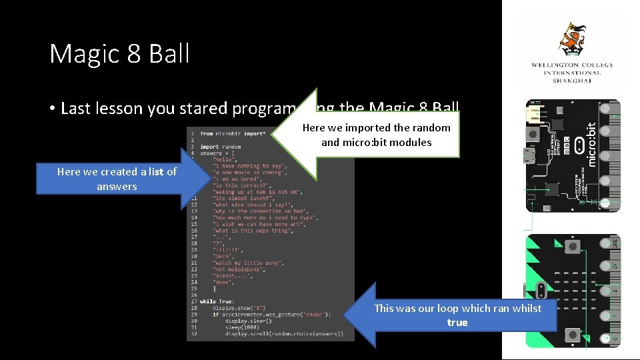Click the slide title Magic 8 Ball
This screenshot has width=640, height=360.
(x=119, y=53)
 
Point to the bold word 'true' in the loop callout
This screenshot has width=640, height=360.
(x=457, y=323)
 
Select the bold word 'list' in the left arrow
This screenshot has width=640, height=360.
(x=156, y=172)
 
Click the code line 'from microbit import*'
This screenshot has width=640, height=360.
(x=232, y=134)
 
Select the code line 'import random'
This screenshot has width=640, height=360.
(x=220, y=147)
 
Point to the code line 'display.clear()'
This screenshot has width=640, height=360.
(x=247, y=321)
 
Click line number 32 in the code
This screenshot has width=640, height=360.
(x=193, y=334)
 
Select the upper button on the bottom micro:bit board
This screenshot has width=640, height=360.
(x=572, y=247)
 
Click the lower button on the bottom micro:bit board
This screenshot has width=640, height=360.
(x=572, y=334)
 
